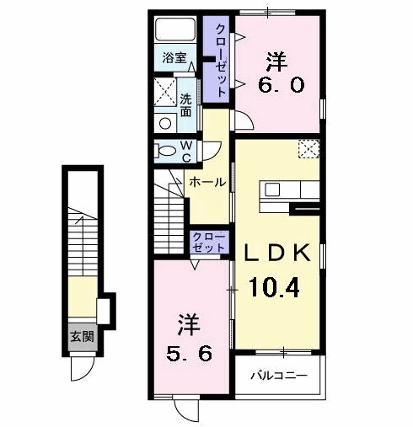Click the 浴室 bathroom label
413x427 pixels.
click(174, 60)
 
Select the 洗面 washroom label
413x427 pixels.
click(186, 104)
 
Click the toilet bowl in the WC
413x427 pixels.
click(164, 152)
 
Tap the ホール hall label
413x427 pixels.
click(206, 181)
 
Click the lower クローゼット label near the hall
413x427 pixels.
click(208, 242)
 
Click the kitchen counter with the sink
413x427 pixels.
click(282, 189)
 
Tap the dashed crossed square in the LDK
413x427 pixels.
click(308, 149)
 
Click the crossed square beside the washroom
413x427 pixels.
click(164, 92)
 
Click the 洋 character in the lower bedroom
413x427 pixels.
click(189, 323)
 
